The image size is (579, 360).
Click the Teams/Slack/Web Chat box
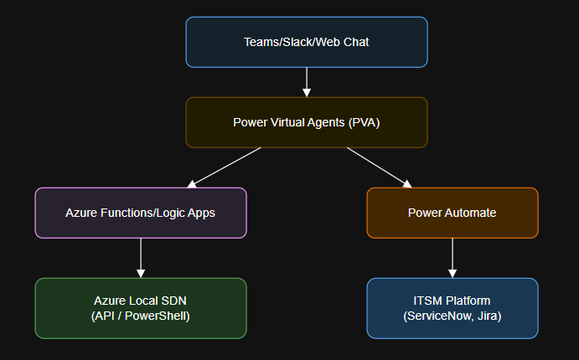click(x=307, y=42)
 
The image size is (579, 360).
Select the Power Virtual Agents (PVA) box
click(x=307, y=122)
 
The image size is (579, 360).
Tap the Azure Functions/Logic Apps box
click(x=141, y=213)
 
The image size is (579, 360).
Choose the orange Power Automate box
click(x=452, y=213)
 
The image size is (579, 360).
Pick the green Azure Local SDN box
click(x=141, y=308)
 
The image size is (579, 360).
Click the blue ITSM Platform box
click(x=452, y=308)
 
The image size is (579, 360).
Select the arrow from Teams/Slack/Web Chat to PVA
click(x=307, y=81)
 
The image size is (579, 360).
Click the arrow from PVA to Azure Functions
click(x=224, y=167)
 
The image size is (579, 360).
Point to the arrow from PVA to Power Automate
click(x=380, y=167)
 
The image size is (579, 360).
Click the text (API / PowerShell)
click(x=141, y=316)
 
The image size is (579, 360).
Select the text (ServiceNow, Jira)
click(x=452, y=316)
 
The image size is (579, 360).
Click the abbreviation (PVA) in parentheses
click(x=363, y=122)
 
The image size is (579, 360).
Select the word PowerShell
click(x=158, y=316)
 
